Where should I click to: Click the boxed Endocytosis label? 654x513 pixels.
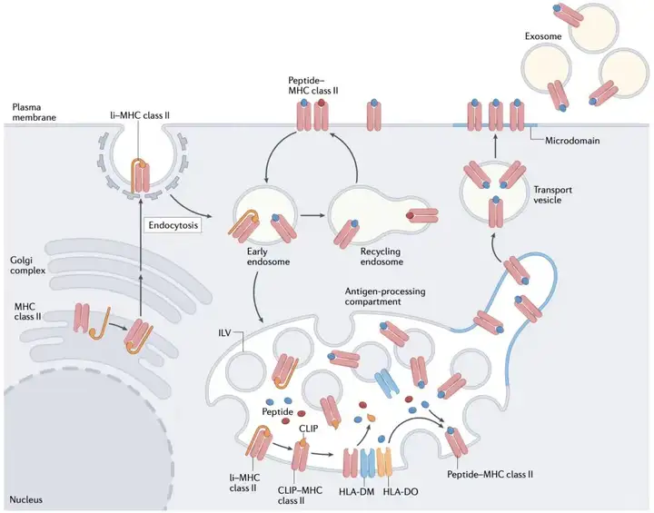(x=176, y=222)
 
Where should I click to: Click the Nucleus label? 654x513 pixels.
(x=28, y=499)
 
